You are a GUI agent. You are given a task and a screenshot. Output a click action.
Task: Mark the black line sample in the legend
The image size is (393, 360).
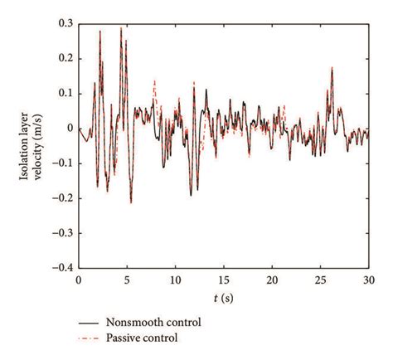[x=87, y=321]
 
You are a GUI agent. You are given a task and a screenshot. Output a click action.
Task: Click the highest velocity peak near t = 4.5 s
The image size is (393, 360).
[x=121, y=27]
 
